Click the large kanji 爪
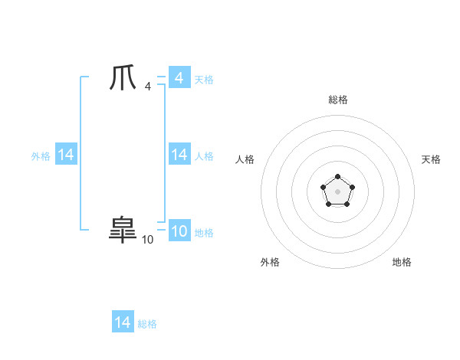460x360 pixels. (x=123, y=79)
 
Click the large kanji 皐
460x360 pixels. (x=123, y=230)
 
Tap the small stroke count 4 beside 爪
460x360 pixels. (x=147, y=87)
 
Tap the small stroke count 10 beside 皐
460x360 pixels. (x=147, y=240)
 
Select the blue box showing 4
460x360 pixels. (x=179, y=78)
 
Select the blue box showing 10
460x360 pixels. (x=179, y=231)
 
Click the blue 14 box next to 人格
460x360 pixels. (x=179, y=155)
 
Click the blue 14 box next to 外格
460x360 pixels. (x=65, y=155)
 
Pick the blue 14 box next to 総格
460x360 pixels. (x=123, y=322)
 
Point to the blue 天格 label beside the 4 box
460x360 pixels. (x=204, y=80)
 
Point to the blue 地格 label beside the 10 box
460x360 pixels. (x=204, y=233)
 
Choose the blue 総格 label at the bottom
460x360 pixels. (x=147, y=324)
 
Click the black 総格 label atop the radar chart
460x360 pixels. (x=337, y=100)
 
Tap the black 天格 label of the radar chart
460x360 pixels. (x=431, y=159)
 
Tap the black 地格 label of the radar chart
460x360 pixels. (x=402, y=262)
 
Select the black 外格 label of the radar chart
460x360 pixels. (x=270, y=262)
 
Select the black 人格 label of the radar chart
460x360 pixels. (x=245, y=159)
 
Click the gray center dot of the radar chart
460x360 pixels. (x=337, y=191)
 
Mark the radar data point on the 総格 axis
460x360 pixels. (x=337, y=177)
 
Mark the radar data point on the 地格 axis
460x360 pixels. (x=346, y=204)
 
